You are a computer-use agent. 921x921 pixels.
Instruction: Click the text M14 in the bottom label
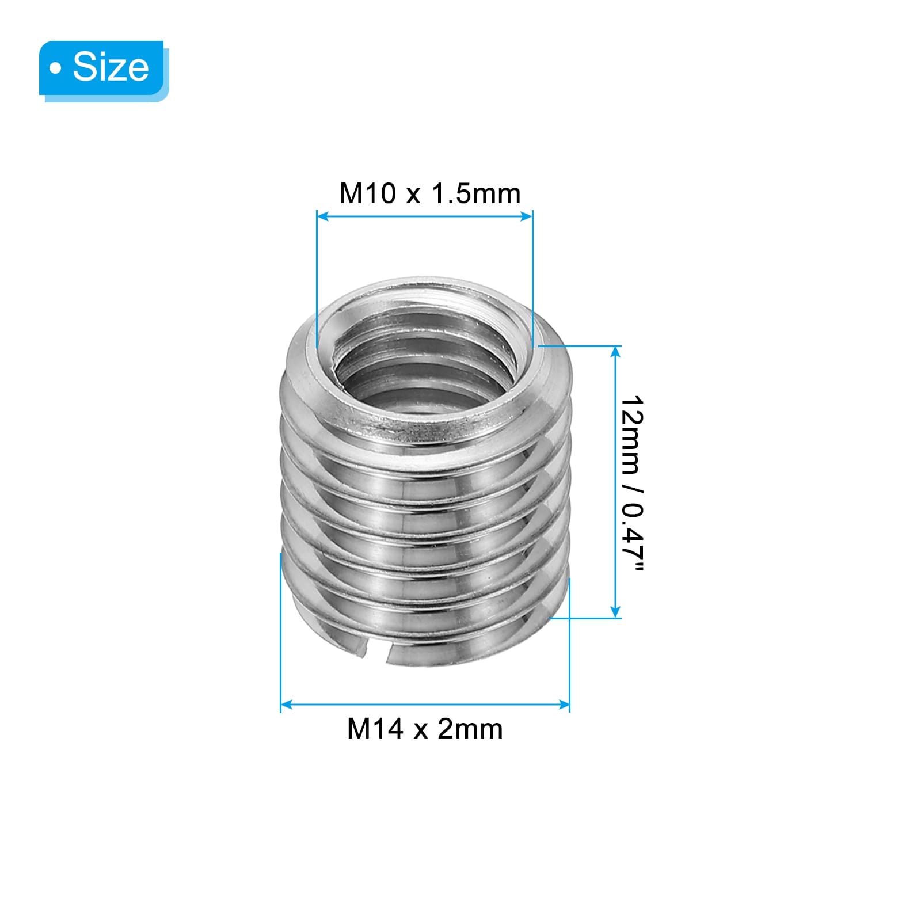(x=375, y=729)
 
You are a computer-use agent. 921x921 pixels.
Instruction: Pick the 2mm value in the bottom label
(x=470, y=729)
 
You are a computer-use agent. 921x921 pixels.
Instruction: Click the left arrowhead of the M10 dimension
(x=322, y=216)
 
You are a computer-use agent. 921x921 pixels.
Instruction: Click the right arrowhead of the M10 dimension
(x=527, y=216)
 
